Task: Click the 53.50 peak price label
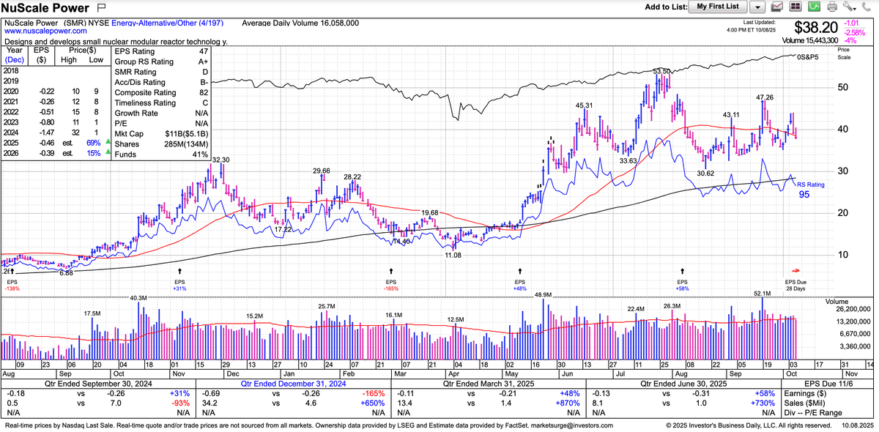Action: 663,71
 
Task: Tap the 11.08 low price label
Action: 453,255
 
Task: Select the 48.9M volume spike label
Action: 543,294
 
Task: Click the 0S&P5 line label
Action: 808,56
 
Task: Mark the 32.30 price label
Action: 220,160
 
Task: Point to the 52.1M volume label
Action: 763,293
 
